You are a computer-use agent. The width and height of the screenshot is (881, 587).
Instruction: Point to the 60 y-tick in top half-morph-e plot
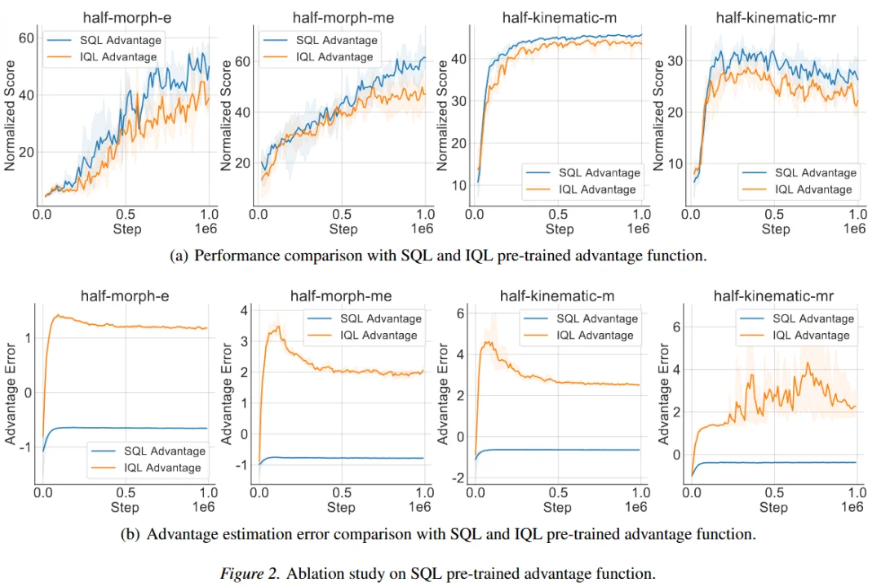point(25,38)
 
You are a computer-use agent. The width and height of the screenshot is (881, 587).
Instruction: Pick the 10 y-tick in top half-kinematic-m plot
point(459,185)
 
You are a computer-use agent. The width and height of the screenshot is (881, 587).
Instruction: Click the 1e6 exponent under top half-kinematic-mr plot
point(853,229)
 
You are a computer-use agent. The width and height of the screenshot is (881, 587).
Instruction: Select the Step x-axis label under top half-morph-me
point(343,229)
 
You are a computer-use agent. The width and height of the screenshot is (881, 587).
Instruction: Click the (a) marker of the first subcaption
point(179,256)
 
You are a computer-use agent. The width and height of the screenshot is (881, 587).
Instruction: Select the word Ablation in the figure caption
point(308,573)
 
